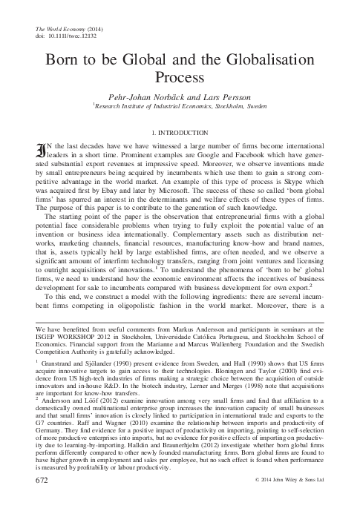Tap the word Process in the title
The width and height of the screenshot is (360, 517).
coord(180,75)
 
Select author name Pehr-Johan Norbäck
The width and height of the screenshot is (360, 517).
coord(148,96)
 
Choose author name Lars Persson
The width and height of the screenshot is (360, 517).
coord(223,96)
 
